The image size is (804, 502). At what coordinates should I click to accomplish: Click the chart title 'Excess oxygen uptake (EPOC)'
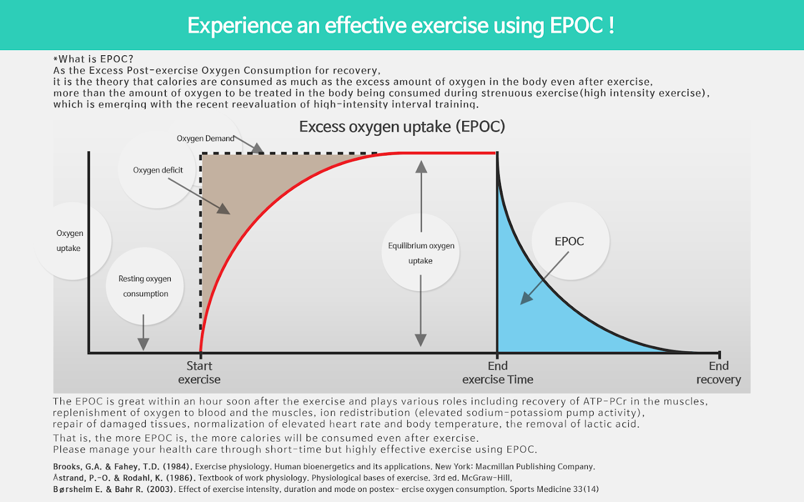[402, 127]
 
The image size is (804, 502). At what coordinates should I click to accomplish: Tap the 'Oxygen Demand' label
[205, 138]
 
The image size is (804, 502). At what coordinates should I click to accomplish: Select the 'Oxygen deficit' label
[158, 170]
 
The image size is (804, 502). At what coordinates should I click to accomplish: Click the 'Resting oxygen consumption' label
[145, 286]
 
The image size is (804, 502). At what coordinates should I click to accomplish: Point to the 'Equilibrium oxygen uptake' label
[421, 253]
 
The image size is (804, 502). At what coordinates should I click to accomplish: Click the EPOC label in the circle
[569, 242]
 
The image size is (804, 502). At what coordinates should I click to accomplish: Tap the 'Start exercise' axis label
[199, 373]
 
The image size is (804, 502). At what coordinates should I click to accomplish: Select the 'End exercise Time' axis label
[497, 373]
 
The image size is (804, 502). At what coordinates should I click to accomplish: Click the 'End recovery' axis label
[719, 373]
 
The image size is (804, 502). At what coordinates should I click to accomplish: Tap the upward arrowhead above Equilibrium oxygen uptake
[422, 167]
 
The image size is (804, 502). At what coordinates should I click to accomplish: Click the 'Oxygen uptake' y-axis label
[69, 241]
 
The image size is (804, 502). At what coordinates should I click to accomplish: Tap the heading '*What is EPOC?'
[93, 59]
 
